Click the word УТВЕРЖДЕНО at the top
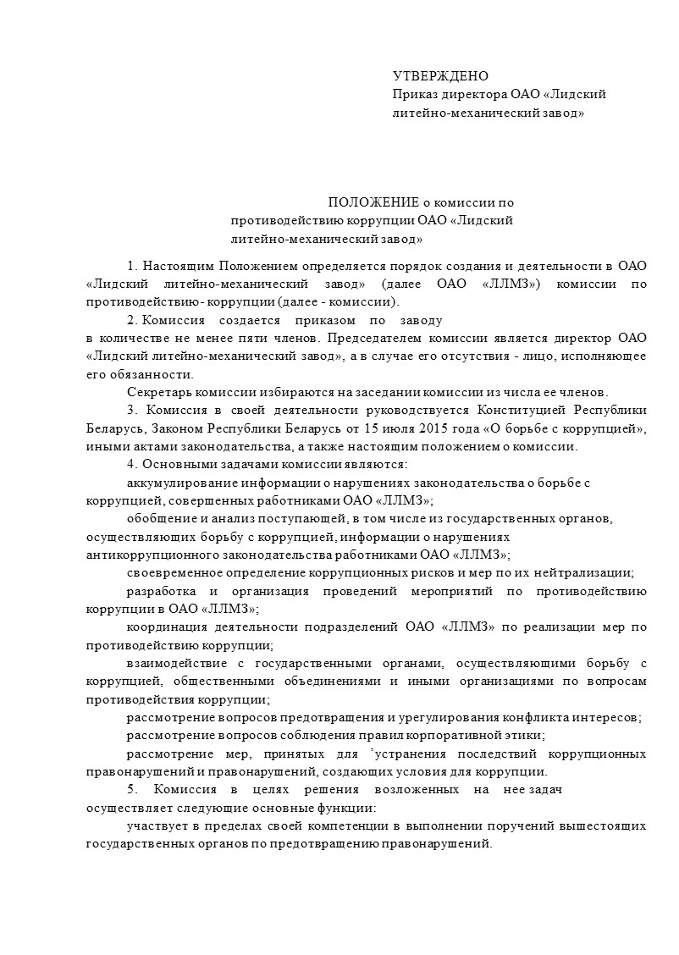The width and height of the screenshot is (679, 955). pos(440,77)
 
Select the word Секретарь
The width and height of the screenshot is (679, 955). pos(157,392)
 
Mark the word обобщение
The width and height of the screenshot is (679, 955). pos(161,517)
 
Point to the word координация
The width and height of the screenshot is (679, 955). pos(163,627)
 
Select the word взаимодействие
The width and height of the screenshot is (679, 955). pos(172,663)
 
